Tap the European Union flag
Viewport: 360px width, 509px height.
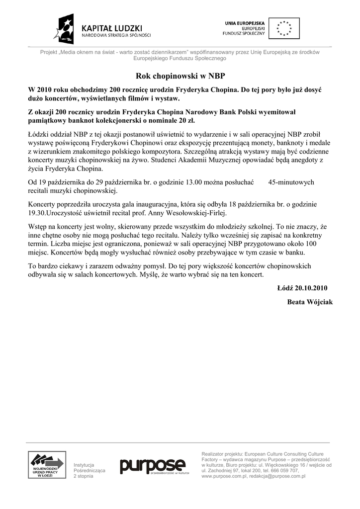tap(284, 28)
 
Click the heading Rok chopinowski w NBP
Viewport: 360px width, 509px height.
tap(180, 76)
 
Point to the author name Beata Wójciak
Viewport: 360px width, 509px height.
tap(310, 302)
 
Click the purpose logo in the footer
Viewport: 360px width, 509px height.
tap(152, 466)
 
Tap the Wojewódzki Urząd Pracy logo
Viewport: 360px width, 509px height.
tap(46, 465)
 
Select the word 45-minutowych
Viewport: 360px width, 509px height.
tap(291, 182)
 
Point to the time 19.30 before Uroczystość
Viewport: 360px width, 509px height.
tap(37, 213)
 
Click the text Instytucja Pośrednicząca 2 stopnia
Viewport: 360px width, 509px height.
tap(89, 470)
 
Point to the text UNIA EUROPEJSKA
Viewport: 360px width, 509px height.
tap(245, 23)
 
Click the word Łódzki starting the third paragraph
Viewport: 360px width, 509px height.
tap(40, 134)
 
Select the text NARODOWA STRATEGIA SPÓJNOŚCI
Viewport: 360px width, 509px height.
tap(116, 35)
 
